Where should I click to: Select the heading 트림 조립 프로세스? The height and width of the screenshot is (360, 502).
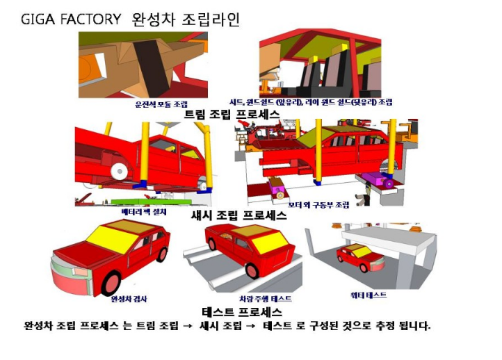(232, 114)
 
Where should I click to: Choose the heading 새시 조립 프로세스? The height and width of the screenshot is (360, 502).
(238, 215)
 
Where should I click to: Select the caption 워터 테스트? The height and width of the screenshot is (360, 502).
(369, 295)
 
